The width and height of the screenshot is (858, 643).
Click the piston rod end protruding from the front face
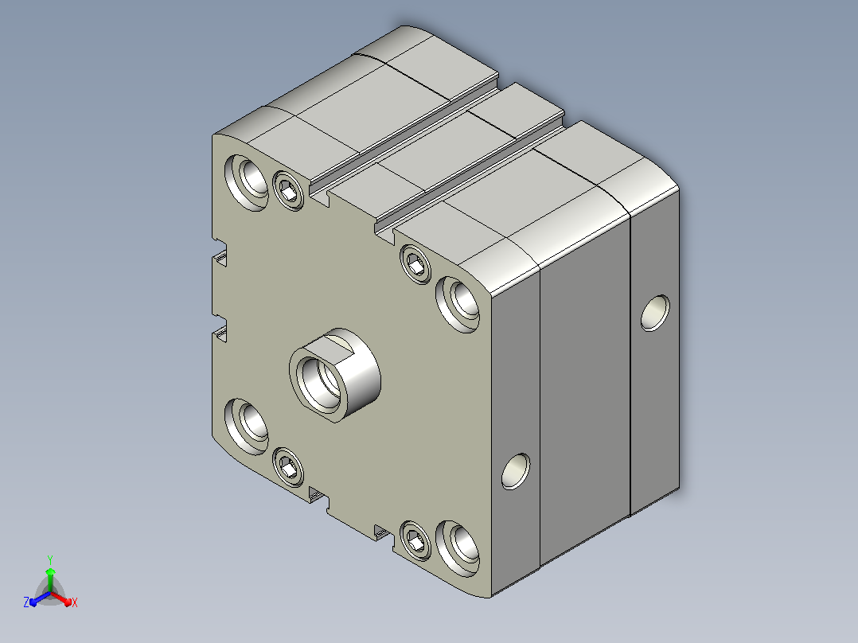pyautogui.click(x=335, y=376)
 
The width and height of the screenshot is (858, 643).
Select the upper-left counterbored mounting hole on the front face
pyautogui.click(x=248, y=181)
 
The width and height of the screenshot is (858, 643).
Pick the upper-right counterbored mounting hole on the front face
pyautogui.click(x=458, y=304)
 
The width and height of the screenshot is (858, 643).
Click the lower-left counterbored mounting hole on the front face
pyautogui.click(x=247, y=427)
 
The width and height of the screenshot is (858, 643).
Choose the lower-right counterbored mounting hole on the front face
pyautogui.click(x=458, y=549)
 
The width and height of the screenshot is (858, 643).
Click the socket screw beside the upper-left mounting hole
pyautogui.click(x=288, y=190)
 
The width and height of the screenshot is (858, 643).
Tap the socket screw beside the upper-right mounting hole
pyautogui.click(x=415, y=264)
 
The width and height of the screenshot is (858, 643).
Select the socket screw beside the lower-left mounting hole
pyautogui.click(x=288, y=467)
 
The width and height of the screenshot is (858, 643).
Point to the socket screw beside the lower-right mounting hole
pyautogui.click(x=415, y=541)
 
